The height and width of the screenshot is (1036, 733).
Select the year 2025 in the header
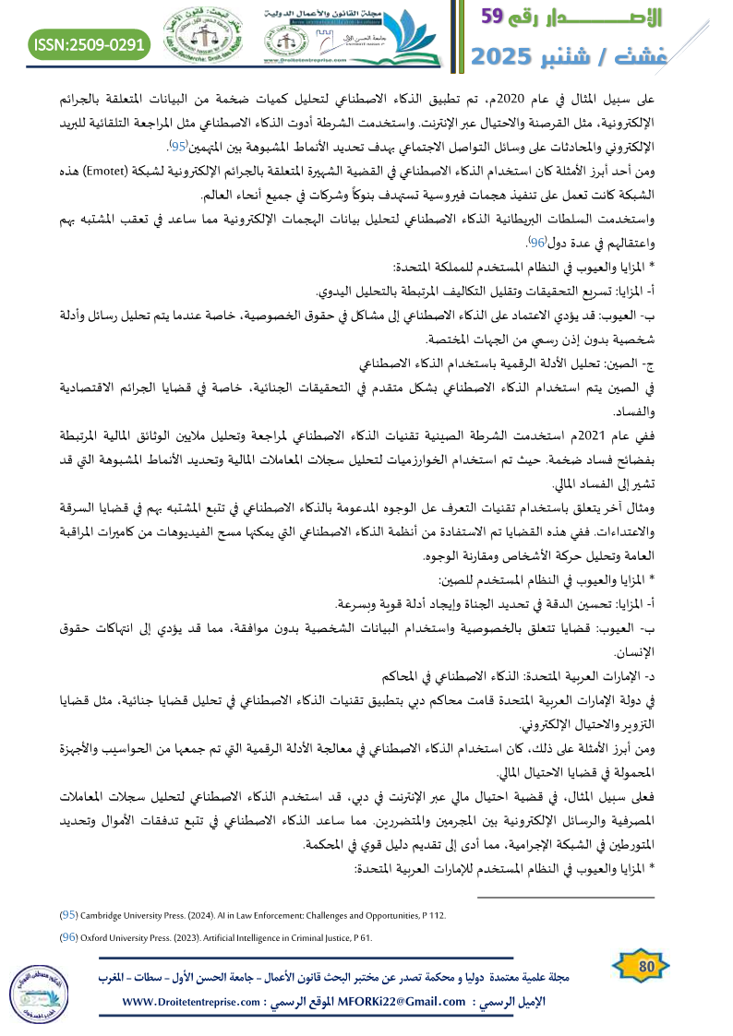point(509,57)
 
